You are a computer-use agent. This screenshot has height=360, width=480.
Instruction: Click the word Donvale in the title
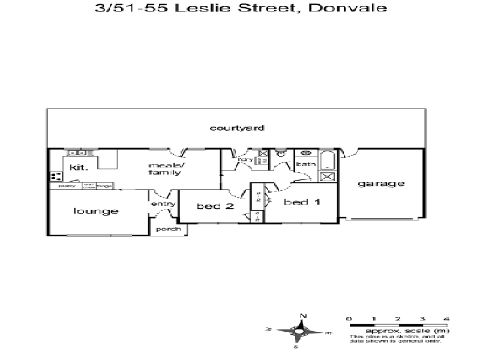pos(353,8)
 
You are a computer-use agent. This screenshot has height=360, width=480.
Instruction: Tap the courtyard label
pos(238,128)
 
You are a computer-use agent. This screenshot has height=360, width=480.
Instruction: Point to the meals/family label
pos(165,169)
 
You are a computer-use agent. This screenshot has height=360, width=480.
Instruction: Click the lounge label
pos(96,211)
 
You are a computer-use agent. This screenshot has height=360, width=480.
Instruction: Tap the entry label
pos(163,204)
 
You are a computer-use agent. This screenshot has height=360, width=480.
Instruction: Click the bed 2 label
pos(214,206)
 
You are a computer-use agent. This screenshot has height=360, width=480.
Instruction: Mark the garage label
pos(381,184)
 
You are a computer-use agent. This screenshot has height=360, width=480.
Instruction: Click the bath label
pos(305,164)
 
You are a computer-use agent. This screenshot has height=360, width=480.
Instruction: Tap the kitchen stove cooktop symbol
pos(56,176)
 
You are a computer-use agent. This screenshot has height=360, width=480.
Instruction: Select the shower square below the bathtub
pos(328,176)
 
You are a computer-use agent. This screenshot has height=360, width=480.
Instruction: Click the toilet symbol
pos(280,154)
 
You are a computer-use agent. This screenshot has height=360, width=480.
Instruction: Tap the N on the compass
pos(304,316)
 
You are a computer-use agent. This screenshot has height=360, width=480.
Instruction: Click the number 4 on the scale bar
pos(446,318)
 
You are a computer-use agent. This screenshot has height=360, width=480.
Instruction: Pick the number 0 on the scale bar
pos(349,318)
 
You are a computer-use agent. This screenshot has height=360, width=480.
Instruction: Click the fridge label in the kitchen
pos(104,185)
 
